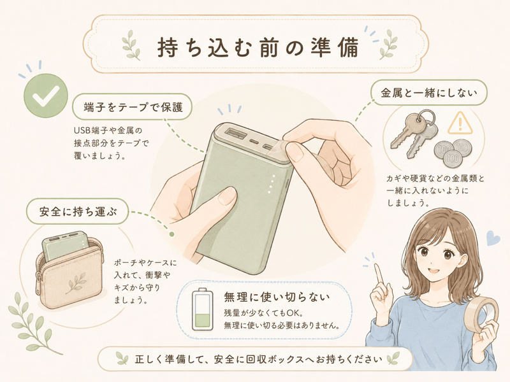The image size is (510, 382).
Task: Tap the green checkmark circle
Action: pyautogui.click(x=46, y=96)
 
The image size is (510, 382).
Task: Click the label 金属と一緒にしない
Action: pyautogui.click(x=429, y=93)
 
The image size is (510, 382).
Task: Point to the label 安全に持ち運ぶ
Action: pyautogui.click(x=78, y=211)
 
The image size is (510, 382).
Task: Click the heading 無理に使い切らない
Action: pyautogui.click(x=277, y=297)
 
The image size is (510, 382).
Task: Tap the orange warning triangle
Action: pyautogui.click(x=460, y=124)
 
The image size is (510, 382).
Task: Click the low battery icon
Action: pyautogui.click(x=202, y=309)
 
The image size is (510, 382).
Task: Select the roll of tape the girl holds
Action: pyautogui.click(x=481, y=314)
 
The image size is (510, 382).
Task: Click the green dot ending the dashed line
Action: pyautogui.click(x=171, y=234)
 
